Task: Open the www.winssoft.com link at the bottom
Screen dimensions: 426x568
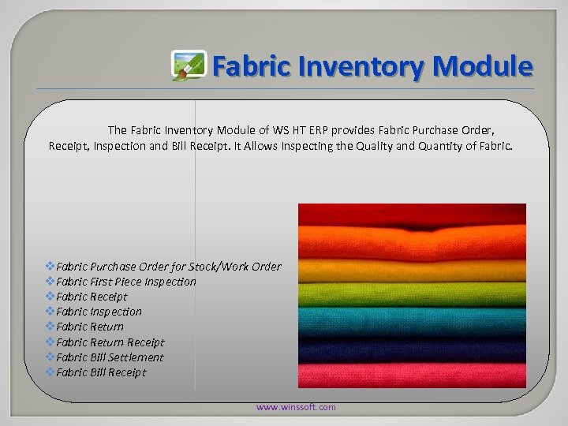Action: pyautogui.click(x=296, y=407)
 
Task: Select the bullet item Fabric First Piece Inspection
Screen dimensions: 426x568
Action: pyautogui.click(x=126, y=282)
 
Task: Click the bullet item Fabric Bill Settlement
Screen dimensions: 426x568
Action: pyautogui.click(x=110, y=357)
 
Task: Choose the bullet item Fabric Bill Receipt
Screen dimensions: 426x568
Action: pyautogui.click(x=101, y=372)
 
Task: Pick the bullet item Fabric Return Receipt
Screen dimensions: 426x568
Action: pyautogui.click(x=110, y=342)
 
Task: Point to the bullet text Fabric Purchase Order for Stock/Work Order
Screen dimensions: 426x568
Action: pyautogui.click(x=168, y=267)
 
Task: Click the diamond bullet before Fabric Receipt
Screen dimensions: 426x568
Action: pyautogui.click(x=50, y=297)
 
